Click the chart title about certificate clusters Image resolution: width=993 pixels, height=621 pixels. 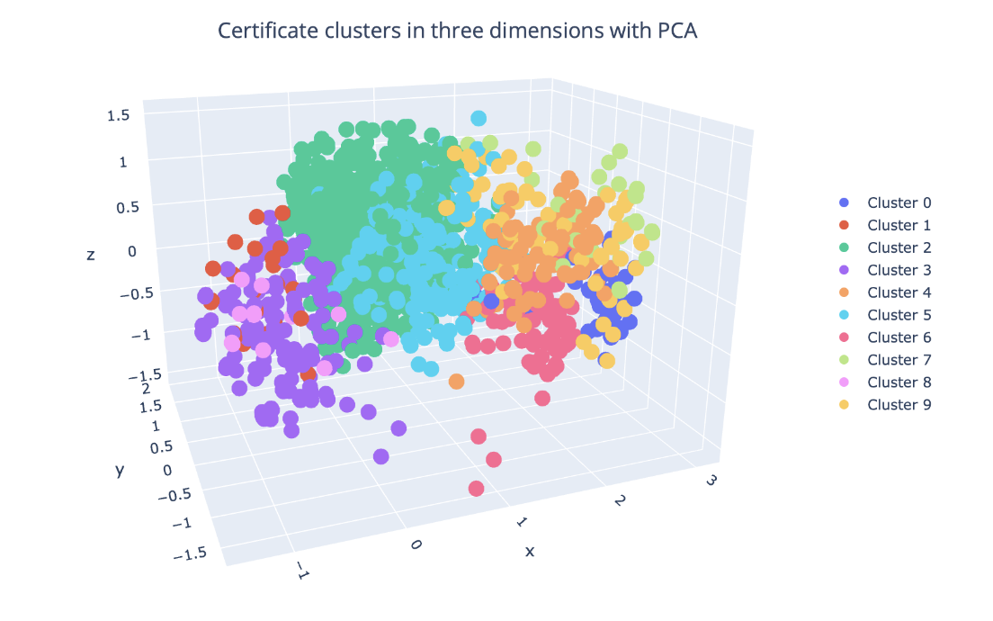[458, 31]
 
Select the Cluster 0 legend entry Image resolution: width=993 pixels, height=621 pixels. [898, 202]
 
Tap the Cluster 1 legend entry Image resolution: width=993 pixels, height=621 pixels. [898, 225]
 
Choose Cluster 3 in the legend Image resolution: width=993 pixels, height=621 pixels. [898, 270]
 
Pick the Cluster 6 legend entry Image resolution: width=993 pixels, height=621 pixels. [898, 337]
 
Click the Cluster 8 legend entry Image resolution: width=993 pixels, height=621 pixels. [898, 382]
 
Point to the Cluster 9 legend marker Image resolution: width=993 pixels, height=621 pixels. [843, 405]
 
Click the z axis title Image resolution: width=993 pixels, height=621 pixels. [91, 256]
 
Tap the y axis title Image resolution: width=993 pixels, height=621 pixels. [119, 469]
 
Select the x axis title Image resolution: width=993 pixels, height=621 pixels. [530, 551]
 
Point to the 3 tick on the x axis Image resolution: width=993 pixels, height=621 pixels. [711, 481]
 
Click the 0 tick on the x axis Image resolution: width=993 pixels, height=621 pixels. [416, 544]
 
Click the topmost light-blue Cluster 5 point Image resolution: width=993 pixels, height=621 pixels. [479, 118]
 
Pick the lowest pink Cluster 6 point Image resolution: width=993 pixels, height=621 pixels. [476, 489]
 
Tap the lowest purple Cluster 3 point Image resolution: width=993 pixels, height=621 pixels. [380, 456]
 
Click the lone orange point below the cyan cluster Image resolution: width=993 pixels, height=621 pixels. [456, 382]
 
